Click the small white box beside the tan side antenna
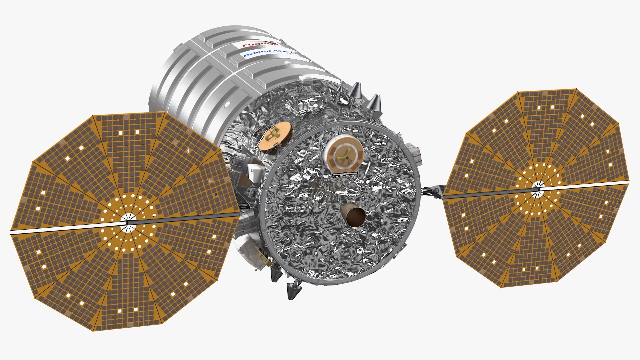coord(256,172)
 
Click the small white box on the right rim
coord(413,150)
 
